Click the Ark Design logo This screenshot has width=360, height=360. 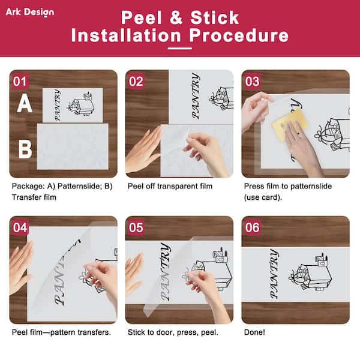(30, 12)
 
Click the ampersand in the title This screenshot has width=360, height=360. (176, 17)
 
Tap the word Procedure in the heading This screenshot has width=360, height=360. (239, 35)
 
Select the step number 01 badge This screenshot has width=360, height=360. (20, 81)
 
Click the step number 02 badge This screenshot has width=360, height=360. (136, 81)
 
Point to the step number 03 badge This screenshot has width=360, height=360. (252, 81)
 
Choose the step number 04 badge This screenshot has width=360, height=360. (20, 227)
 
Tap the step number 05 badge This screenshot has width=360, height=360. (136, 227)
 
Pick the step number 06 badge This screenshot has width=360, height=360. (252, 227)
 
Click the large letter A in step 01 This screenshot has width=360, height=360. (25, 104)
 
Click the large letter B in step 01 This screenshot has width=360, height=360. (25, 149)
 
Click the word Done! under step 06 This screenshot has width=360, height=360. (254, 332)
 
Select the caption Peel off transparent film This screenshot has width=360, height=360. (170, 186)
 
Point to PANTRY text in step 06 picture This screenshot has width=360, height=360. (274, 274)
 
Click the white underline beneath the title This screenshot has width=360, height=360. (180, 49)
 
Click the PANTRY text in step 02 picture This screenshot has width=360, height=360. (196, 96)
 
